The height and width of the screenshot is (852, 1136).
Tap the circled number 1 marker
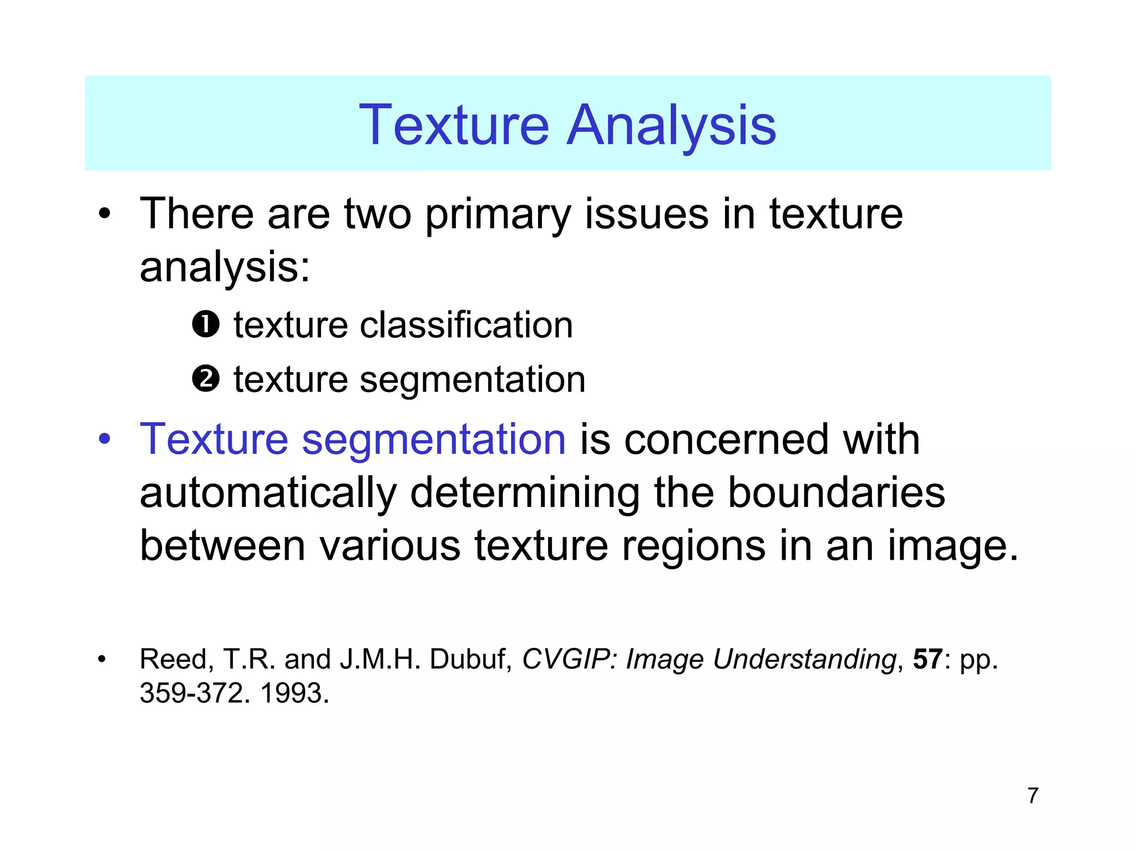tap(206, 324)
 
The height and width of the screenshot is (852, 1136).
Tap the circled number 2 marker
tap(206, 379)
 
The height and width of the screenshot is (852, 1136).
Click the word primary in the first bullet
tap(498, 215)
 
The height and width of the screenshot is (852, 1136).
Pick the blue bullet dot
tap(104, 440)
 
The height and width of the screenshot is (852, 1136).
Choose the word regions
tap(694, 547)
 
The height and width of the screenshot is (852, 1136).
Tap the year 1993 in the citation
tap(294, 693)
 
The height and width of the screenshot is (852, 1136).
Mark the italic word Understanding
tap(805, 660)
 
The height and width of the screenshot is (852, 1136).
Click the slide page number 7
tap(1032, 796)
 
